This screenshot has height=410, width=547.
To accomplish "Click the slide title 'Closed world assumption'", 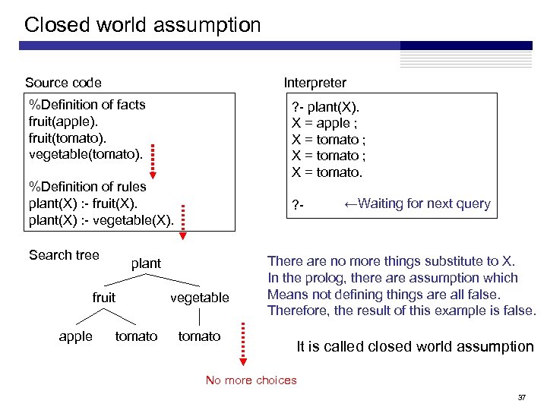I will click(142, 25).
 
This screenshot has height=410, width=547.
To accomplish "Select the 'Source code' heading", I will click(63, 83).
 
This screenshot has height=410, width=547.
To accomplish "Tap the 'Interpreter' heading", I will click(315, 83).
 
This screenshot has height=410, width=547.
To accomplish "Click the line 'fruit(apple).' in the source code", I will click(63, 121).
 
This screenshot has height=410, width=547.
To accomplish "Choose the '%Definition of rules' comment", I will click(87, 186).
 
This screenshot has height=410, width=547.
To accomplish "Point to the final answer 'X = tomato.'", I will click(327, 172).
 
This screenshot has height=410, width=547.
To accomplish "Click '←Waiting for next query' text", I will click(417, 203).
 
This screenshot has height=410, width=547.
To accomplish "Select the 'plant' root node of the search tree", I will click(146, 263).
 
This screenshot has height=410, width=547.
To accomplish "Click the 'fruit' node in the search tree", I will click(104, 298).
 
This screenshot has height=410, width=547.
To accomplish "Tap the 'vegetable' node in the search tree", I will click(199, 298).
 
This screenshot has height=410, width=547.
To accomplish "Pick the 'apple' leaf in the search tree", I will click(75, 336).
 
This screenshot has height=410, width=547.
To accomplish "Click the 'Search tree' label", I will click(64, 255).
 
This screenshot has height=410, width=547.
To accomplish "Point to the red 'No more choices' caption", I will click(251, 380).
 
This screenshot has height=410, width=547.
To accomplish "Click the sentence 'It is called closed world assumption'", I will click(415, 347).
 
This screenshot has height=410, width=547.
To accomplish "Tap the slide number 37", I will click(522, 398).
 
